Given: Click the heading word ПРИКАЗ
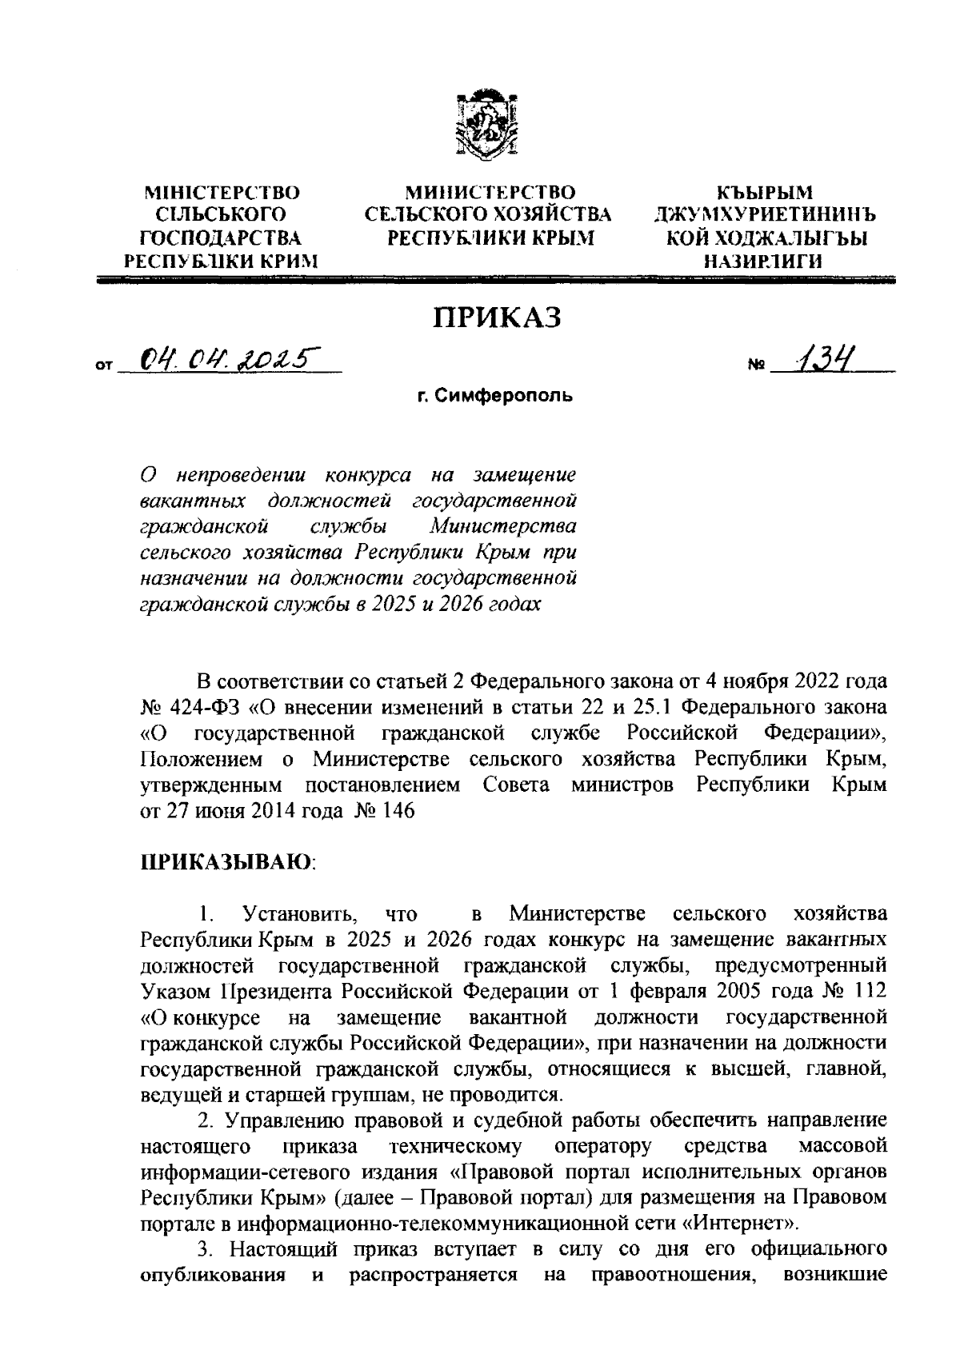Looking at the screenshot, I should tap(498, 318).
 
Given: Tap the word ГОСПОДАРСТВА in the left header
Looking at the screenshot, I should tap(222, 238).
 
